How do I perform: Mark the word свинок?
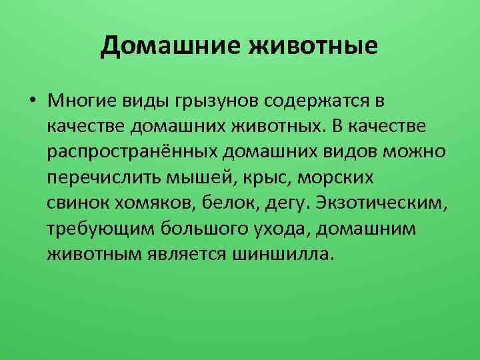[x=77, y=203]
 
